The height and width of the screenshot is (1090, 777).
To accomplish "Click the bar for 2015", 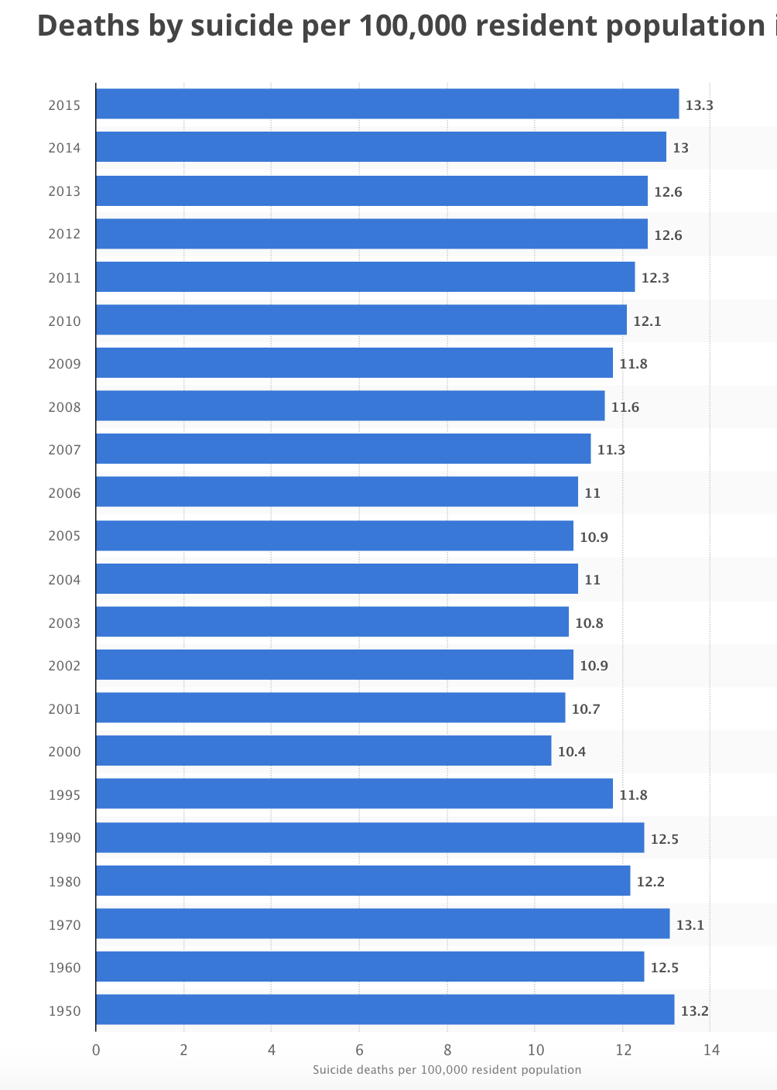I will tap(387, 104).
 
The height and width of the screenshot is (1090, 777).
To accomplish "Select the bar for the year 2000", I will tap(323, 750).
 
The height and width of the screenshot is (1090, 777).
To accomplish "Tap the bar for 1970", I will tap(382, 924).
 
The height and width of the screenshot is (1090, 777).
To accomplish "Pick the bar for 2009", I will tap(354, 362).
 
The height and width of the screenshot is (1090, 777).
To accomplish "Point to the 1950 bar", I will tap(385, 1009).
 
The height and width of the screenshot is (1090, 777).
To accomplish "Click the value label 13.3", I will tap(699, 105).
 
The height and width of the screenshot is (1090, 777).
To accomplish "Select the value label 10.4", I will tap(572, 752).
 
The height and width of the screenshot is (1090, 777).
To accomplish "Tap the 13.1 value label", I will tap(690, 925).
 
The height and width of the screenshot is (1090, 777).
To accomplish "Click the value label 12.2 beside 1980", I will tap(650, 882).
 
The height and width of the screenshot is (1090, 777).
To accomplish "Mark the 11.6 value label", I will tap(625, 407).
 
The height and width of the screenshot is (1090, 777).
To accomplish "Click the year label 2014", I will tap(64, 148).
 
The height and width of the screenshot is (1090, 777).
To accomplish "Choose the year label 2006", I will tap(64, 493).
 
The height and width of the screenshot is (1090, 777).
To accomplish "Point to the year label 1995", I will tap(64, 795).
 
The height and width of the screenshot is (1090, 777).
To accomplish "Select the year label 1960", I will tap(64, 968).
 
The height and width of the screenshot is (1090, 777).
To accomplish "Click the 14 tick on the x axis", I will tap(711, 1051).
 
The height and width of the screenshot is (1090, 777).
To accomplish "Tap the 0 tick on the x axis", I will tap(96, 1051).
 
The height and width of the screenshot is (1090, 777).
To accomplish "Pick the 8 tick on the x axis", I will tap(447, 1051).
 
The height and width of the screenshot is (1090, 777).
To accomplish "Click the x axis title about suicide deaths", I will tap(447, 1070).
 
